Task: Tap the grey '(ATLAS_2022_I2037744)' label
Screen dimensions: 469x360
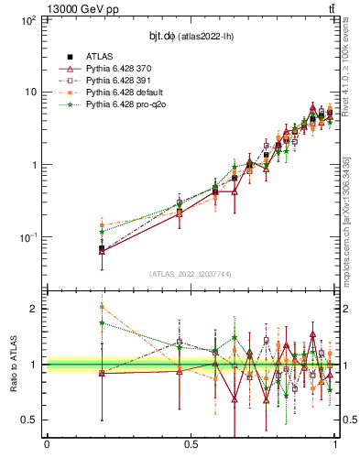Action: click(x=191, y=274)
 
